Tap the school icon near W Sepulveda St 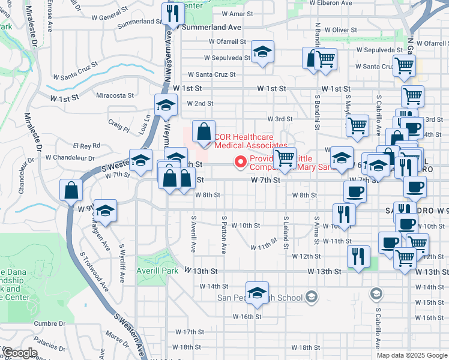tap(262, 53)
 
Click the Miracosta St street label tap(115, 95)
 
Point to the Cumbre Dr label tap(47, 323)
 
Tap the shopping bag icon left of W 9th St tap(71, 191)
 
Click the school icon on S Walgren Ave tap(105, 211)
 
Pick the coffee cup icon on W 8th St tap(354, 192)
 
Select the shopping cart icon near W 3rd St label tap(357, 125)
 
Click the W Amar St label tap(238, 13)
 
